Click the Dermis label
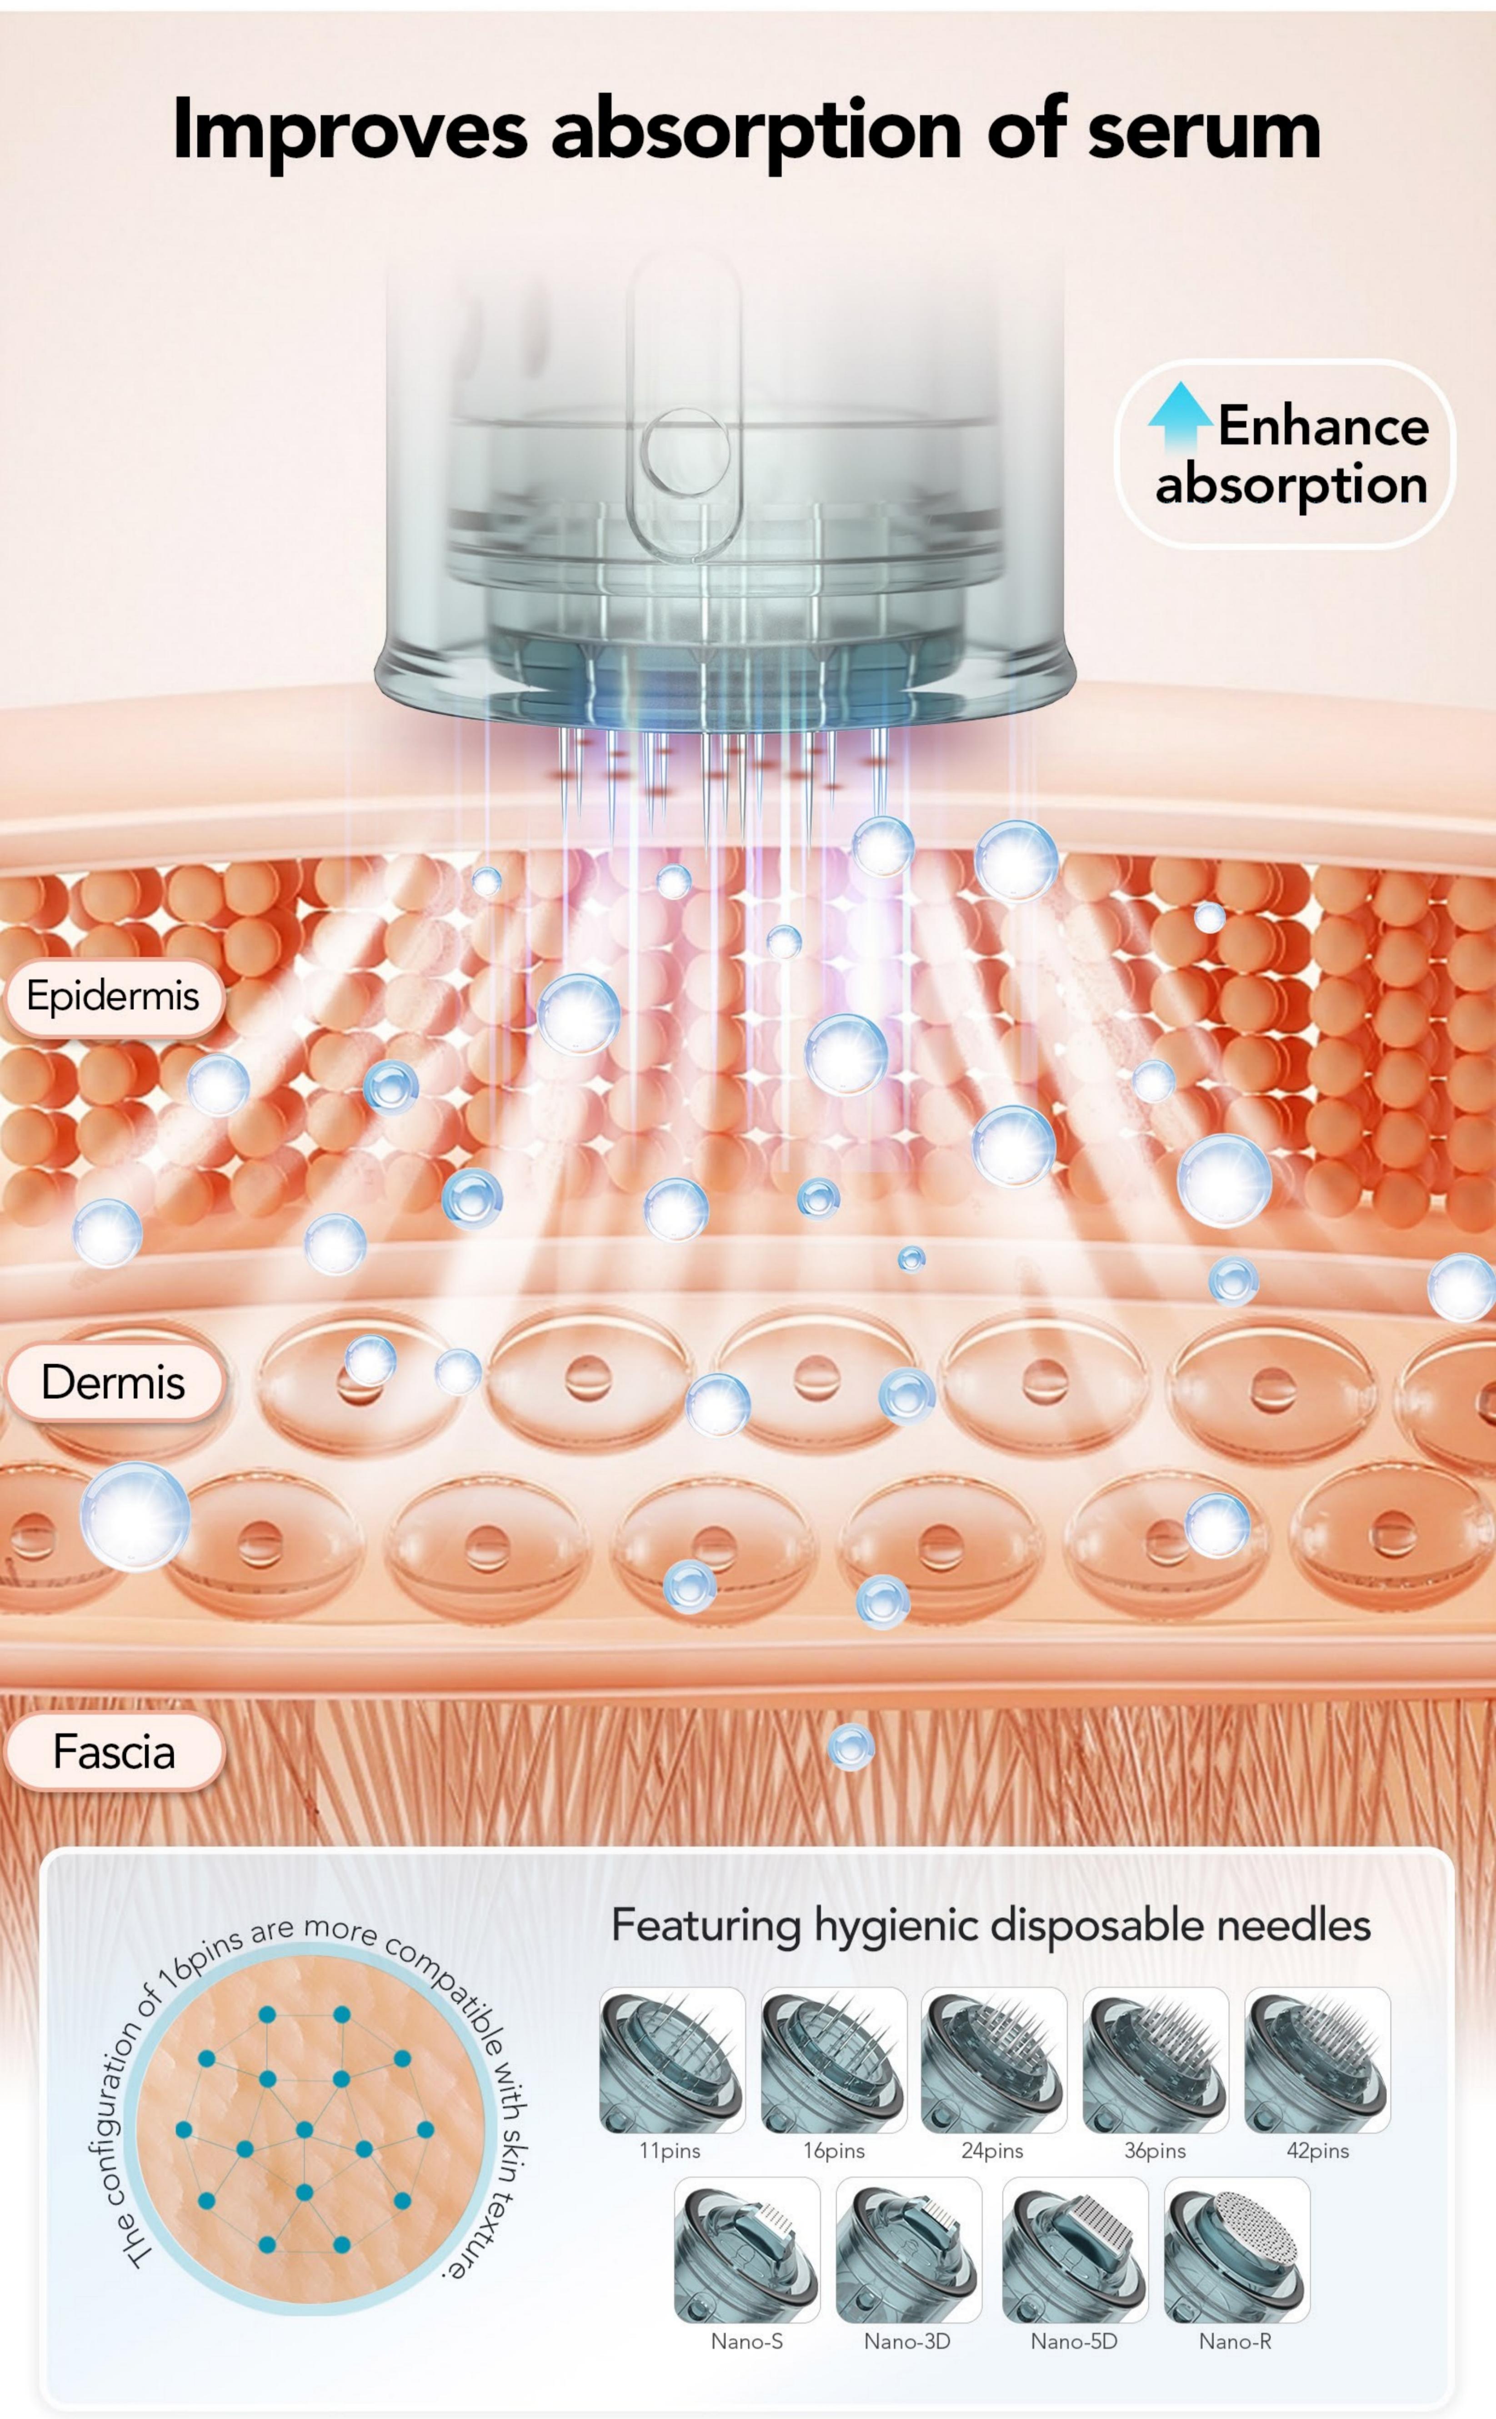113,1382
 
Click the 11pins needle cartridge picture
672,2060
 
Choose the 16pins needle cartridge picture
833,2060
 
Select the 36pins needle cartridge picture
1156,2060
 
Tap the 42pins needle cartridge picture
1317,2060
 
